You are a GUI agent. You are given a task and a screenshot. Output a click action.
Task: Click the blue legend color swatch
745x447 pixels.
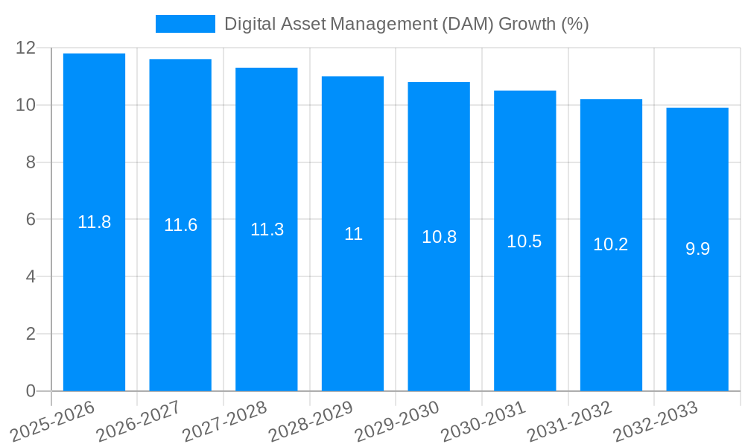click(x=185, y=24)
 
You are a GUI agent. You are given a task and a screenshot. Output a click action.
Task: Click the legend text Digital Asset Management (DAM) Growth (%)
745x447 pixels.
click(x=406, y=24)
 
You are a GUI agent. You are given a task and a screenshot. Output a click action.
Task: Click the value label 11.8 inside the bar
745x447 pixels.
click(x=94, y=222)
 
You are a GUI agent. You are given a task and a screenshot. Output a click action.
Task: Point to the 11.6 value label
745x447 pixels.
click(x=180, y=225)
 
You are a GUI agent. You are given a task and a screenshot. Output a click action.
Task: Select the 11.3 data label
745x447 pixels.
click(x=267, y=229)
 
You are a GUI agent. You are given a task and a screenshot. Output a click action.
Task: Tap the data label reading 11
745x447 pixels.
click(x=353, y=234)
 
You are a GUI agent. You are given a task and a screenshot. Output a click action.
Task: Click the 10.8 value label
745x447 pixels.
click(x=439, y=237)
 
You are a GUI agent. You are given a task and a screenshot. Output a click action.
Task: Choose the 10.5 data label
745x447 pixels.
click(x=524, y=241)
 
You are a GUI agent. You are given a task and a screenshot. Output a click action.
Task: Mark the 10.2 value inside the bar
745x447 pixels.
click(x=611, y=244)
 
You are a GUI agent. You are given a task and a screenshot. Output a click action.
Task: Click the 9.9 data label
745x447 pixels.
click(x=697, y=249)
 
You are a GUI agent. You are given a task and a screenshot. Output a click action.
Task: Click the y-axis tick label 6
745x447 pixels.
click(x=31, y=220)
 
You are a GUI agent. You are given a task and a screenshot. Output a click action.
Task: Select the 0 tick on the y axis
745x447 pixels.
click(x=31, y=391)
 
